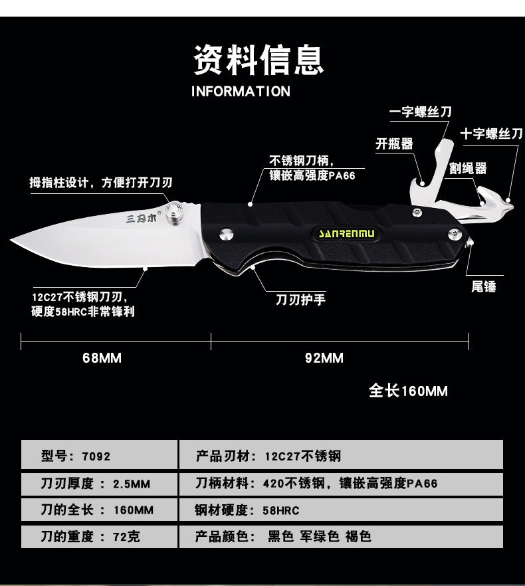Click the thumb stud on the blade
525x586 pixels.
174,213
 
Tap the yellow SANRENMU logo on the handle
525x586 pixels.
346,234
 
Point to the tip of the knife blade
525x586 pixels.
11,242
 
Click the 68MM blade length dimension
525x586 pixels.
102,358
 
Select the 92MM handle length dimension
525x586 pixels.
324,358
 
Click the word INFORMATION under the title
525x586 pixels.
241,92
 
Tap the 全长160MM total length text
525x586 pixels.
408,391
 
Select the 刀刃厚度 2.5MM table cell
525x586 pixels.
99,484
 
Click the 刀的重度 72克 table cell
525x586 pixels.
99,537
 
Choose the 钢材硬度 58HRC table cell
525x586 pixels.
341,510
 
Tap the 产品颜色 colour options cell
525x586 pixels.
341,537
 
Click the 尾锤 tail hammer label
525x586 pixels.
484,286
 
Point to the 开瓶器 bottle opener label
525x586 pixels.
394,144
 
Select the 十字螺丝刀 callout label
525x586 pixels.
491,134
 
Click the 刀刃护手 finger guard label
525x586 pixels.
300,300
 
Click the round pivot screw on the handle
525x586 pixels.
226,235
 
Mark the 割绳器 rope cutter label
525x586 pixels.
468,168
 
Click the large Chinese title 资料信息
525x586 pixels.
259,60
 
